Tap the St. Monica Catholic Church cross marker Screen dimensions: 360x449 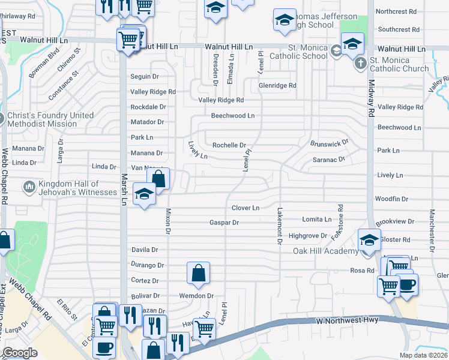[360, 63]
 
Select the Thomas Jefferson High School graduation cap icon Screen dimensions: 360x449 [284, 20]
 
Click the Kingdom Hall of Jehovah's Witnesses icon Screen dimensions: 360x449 [28, 188]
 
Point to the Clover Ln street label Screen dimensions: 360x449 [246, 208]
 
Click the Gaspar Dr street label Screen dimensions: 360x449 [224, 223]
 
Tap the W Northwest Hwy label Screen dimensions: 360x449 [348, 320]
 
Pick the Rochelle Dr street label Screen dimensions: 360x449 [229, 145]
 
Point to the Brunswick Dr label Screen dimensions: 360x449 [330, 144]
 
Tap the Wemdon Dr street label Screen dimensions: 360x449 [196, 296]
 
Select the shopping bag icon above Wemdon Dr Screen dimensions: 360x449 [198, 274]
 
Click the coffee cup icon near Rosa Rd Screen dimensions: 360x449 [406, 284]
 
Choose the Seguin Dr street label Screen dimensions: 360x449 [145, 77]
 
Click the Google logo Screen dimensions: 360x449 [20, 353]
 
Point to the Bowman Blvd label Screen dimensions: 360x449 [44, 63]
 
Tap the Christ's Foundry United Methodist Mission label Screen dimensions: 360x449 [50, 119]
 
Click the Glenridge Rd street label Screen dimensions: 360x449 [277, 86]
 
